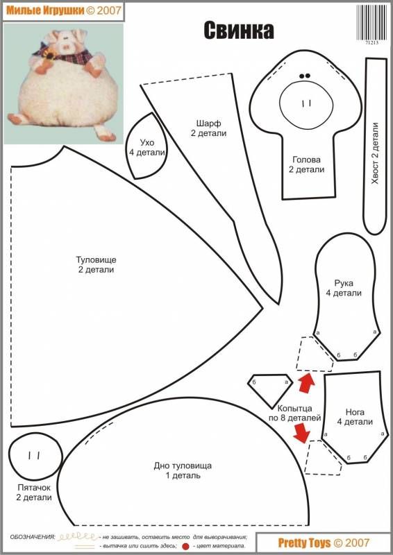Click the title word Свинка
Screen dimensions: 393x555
(x=238, y=31)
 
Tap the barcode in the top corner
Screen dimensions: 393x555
(x=372, y=23)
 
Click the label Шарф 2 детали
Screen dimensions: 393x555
(x=208, y=128)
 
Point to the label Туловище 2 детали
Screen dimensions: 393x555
(x=96, y=264)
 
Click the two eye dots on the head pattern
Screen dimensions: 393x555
(x=305, y=76)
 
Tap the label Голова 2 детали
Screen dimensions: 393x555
(x=306, y=164)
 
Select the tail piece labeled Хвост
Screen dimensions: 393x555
(x=375, y=146)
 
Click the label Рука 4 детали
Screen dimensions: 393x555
(x=344, y=288)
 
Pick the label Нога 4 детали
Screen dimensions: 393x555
(x=355, y=417)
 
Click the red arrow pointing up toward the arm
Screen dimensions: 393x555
(x=306, y=383)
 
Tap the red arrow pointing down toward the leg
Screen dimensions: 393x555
(x=302, y=432)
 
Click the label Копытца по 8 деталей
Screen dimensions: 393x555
(x=295, y=413)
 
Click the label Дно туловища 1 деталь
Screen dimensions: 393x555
(x=183, y=470)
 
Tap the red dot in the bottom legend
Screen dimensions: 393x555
(x=185, y=547)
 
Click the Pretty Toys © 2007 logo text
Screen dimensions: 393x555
(x=324, y=543)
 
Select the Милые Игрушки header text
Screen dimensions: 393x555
(x=45, y=10)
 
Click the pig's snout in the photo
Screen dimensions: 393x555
(x=66, y=46)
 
